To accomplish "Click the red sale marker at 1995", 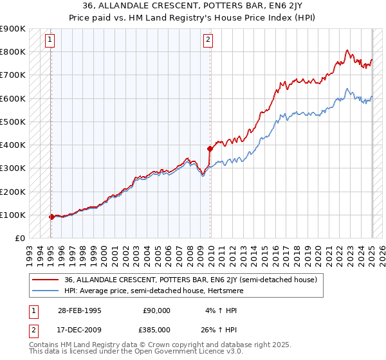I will (51, 217).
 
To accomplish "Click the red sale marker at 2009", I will (210, 148).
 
